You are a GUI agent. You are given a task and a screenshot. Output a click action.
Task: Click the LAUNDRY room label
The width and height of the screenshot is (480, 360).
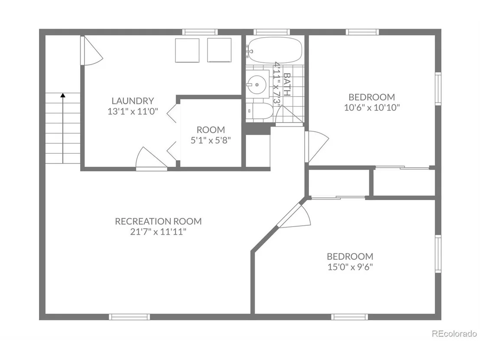coord(133,101)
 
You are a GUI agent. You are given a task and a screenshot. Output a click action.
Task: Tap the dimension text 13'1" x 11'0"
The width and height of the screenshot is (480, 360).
coord(133,111)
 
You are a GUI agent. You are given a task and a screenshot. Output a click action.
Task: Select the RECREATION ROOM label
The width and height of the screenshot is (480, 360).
coord(158,221)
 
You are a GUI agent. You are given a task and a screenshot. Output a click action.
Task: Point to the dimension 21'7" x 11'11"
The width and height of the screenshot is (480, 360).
coord(158,232)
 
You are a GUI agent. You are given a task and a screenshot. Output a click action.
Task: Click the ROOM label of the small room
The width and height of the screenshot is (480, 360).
coord(211,130)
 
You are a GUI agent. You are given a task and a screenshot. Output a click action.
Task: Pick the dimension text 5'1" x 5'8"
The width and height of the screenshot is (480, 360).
coord(211,140)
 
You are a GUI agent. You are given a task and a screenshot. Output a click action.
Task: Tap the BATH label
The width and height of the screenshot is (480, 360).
coord(287,84)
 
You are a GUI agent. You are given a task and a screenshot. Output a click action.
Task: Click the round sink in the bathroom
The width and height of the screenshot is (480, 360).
coord(256,84)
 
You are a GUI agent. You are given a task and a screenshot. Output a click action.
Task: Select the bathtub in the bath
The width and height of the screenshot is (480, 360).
coord(275,51)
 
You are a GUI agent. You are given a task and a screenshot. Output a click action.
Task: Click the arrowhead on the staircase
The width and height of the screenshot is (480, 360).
coord(63,95)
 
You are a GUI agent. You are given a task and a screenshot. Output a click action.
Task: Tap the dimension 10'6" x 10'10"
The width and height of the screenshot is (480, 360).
coord(372,107)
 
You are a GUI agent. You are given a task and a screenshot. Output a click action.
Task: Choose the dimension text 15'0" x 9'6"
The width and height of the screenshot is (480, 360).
coord(350,267)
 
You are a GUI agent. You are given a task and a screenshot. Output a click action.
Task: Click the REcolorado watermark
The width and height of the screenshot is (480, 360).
coord(454,334)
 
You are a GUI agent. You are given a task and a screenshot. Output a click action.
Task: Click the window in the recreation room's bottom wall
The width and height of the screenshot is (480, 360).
coord(130,317)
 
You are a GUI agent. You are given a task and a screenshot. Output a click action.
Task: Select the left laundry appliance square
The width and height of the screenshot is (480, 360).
coord(187,51)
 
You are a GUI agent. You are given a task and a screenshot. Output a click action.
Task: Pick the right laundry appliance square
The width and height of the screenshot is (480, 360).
coord(219,50)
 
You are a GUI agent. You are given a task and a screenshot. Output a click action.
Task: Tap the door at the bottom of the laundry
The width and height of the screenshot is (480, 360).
coord(151,158)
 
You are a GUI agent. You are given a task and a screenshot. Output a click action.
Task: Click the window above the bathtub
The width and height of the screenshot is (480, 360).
coord(272,32)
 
